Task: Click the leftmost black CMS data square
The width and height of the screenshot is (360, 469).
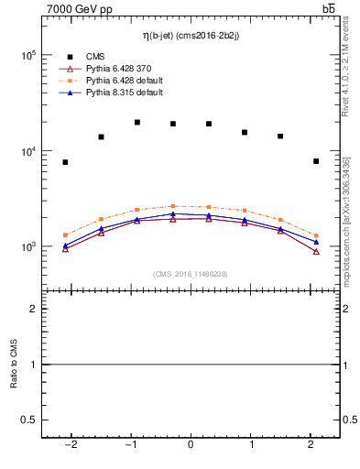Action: coord(65,162)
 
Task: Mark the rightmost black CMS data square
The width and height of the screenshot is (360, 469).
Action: coord(316,161)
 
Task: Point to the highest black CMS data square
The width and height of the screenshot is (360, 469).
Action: coord(136,122)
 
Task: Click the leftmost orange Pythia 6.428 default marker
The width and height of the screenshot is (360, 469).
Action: coord(65,234)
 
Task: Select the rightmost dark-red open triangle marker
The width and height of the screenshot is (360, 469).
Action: coord(316,251)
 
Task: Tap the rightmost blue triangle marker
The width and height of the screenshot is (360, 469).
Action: coord(316,242)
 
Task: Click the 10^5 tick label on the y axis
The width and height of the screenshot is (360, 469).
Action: coord(27,56)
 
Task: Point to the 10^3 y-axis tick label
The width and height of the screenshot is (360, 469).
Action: coord(27,247)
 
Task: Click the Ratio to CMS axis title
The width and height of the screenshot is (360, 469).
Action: coord(14,365)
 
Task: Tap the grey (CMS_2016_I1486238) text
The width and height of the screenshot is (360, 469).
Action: coord(191,274)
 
